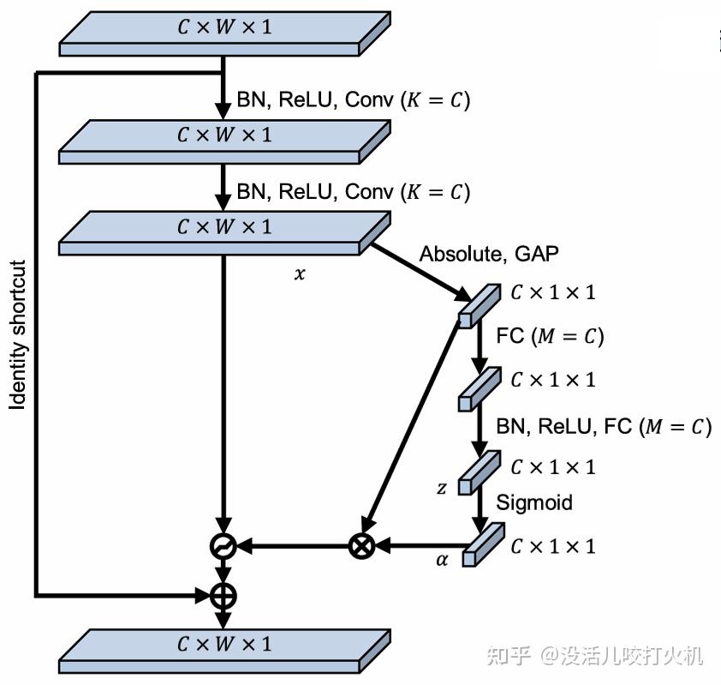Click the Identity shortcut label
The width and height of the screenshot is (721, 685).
pos(17,334)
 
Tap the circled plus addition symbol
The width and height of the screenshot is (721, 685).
pos(223,596)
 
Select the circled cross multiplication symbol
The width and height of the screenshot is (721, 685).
pos(362,546)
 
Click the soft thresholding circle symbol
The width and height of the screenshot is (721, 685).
pos(223,546)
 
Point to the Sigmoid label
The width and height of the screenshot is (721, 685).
pos(534,502)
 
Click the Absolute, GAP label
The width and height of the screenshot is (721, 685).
pos(489,254)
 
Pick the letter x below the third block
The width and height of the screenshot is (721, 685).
pos(300,273)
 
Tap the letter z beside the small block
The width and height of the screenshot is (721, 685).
pos(442,488)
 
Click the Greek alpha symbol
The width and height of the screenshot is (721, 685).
pos(442,560)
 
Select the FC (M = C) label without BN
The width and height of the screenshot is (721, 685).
pos(550,336)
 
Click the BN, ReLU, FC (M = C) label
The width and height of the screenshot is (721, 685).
pos(604,427)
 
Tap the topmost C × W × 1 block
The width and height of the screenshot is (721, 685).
pos(225,34)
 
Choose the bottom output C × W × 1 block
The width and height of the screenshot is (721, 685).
pos(225,652)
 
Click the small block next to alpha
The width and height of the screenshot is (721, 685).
pos(483,544)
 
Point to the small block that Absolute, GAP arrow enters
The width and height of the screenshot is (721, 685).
pos(480,306)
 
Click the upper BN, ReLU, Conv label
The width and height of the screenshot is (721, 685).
pos(353,100)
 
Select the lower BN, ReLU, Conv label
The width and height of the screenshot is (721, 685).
pos(353,192)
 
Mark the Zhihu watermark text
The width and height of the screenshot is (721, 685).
pos(595,656)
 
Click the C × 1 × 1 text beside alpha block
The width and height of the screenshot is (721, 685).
pos(553,546)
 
